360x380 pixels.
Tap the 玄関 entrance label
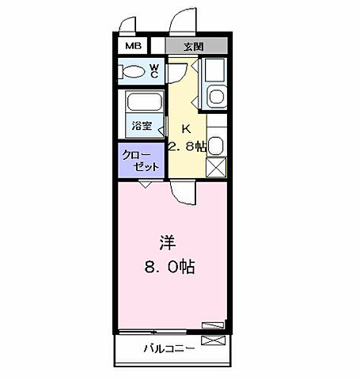tap(194, 47)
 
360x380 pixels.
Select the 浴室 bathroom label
tap(142, 126)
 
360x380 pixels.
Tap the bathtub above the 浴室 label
tap(142, 104)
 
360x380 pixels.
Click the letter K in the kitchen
tap(187, 129)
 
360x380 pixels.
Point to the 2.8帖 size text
tap(188, 146)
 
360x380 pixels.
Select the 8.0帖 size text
tap(169, 267)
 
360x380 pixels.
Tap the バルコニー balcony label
tap(169, 348)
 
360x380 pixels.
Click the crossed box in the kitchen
tap(216, 168)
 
